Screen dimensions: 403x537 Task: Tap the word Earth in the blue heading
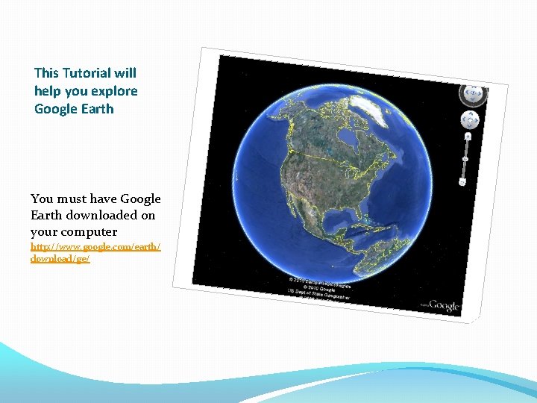(x=97, y=109)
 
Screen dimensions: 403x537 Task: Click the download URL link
(x=95, y=252)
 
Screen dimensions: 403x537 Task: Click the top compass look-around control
(x=473, y=94)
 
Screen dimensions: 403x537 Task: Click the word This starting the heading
(x=46, y=73)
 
